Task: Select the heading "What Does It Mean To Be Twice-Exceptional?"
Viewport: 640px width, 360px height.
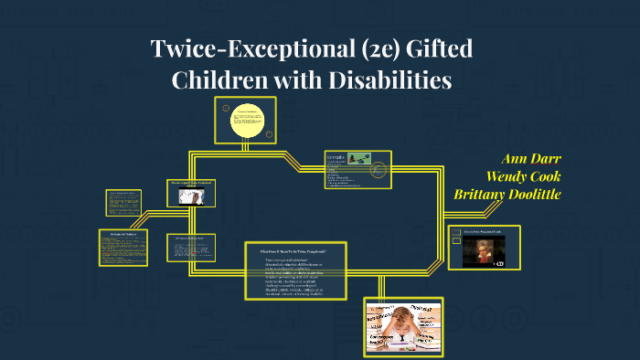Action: click(296, 249)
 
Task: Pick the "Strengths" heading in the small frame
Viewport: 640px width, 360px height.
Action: click(336, 156)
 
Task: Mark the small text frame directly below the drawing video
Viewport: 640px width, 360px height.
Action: click(191, 248)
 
